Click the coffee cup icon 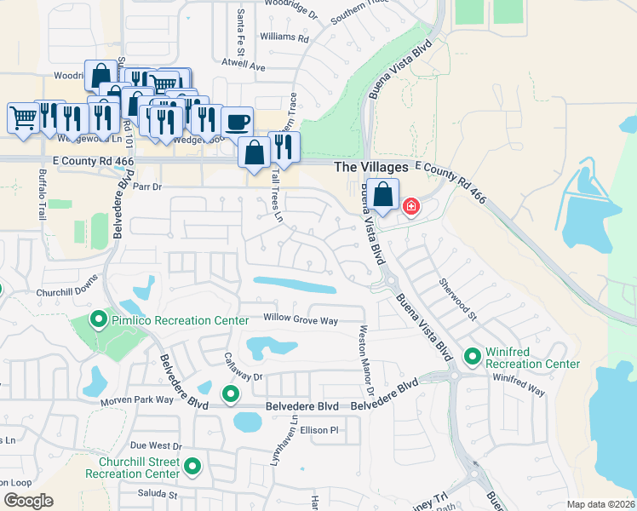pos(238,121)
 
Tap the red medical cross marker pos(410,206)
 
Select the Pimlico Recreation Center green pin pos(100,320)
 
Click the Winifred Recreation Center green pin pos(472,354)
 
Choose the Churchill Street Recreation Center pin pos(192,467)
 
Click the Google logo pos(28,501)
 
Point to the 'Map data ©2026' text pos(600,504)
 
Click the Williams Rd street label pos(284,37)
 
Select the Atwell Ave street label pos(244,66)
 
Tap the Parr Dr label pos(146,186)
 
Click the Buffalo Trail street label pos(42,194)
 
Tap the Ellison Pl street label pos(319,430)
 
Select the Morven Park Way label pos(137,401)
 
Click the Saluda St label pos(157,493)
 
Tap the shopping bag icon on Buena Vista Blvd pos(384,194)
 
